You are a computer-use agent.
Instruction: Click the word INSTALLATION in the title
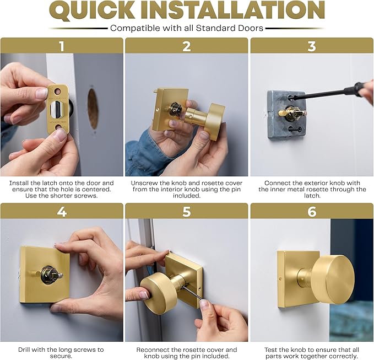[x=242, y=11]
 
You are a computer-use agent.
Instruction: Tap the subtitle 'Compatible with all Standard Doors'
[x=186, y=28]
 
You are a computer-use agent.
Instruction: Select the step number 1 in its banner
[x=62, y=46]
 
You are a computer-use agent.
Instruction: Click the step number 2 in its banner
[x=187, y=46]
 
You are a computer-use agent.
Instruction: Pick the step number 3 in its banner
[x=312, y=46]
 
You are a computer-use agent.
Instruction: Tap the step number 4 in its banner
[x=62, y=211]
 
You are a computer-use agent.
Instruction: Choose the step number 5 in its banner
[x=187, y=211]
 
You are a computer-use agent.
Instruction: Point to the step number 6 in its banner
[x=312, y=211]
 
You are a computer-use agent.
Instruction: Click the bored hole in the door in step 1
[x=93, y=108]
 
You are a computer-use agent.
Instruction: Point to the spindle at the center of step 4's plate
[x=49, y=274]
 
